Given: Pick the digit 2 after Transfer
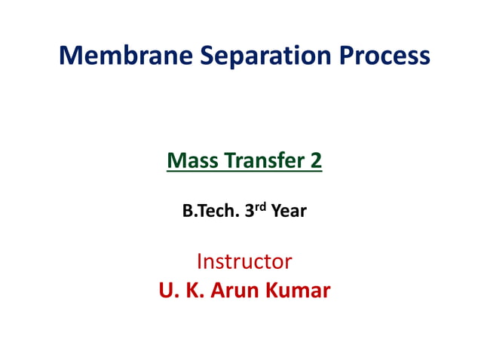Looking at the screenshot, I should pos(316,160).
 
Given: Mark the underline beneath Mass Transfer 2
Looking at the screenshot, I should pos(244,172).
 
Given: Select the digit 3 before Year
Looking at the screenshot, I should pos(250,212).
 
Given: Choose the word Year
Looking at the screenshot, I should pos(289,212).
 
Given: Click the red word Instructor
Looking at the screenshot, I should pos(244,261).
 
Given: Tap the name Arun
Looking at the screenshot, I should pos(237,291).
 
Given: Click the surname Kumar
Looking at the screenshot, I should pos(300,291).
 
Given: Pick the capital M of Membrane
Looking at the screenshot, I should pos(69,56).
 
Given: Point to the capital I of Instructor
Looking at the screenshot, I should pos(199,261).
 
